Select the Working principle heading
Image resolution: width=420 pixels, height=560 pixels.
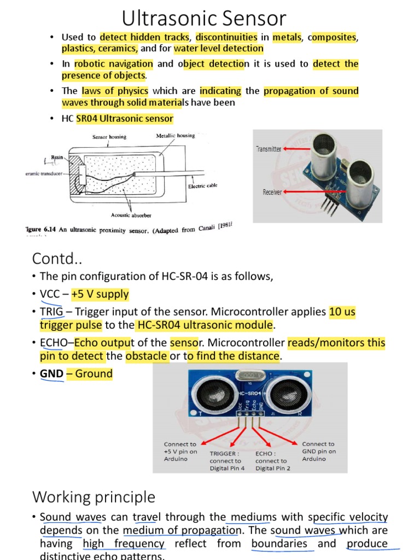[x=94, y=497]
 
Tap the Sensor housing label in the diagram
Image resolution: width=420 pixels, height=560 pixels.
[x=109, y=137]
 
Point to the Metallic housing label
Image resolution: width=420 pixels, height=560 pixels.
[x=176, y=135]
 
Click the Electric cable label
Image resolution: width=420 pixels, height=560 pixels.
[x=202, y=186]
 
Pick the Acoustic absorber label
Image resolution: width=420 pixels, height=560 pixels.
[x=131, y=215]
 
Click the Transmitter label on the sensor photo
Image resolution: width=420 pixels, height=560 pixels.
[x=268, y=149]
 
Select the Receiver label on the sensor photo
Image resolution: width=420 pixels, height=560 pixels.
[x=272, y=192]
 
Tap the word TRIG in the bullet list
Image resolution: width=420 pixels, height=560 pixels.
[x=51, y=312]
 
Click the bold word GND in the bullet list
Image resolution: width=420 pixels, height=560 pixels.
[x=51, y=374]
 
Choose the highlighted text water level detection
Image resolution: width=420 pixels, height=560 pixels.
[x=219, y=49]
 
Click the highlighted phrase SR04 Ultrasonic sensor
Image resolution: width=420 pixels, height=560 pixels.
[x=125, y=119]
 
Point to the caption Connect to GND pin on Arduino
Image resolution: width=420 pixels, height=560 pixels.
[x=319, y=452]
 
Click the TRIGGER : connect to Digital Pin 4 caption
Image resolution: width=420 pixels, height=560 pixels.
[x=227, y=460]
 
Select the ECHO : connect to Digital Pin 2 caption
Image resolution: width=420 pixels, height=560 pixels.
[x=273, y=460]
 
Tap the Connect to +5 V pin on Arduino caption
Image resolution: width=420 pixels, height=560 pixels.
[x=180, y=452]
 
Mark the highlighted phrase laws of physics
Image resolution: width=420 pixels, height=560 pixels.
[x=115, y=91]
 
